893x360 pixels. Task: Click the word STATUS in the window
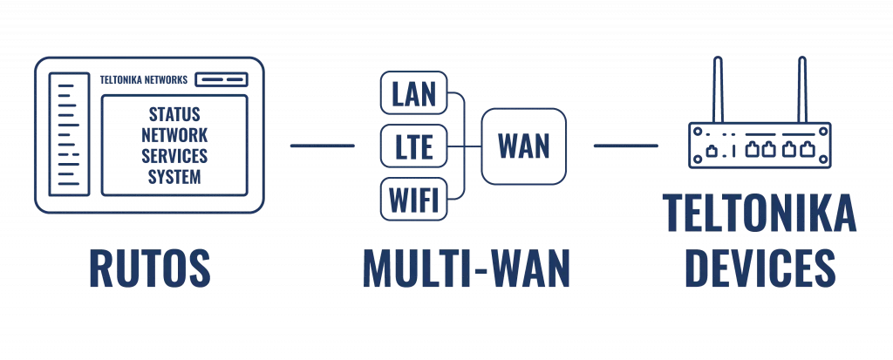(x=174, y=114)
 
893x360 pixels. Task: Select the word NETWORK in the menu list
(x=174, y=135)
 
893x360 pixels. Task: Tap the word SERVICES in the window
(x=174, y=156)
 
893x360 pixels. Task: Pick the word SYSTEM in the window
(x=174, y=177)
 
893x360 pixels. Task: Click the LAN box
(x=414, y=93)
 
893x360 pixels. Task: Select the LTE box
(x=414, y=146)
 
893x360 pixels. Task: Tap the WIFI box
(x=414, y=198)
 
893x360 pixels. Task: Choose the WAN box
(x=523, y=146)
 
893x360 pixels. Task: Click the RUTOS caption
(x=150, y=267)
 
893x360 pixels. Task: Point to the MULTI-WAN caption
(x=467, y=267)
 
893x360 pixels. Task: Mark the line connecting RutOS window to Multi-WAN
(x=321, y=145)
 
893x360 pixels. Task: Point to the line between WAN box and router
(x=624, y=145)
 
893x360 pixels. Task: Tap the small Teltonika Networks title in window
(x=144, y=79)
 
